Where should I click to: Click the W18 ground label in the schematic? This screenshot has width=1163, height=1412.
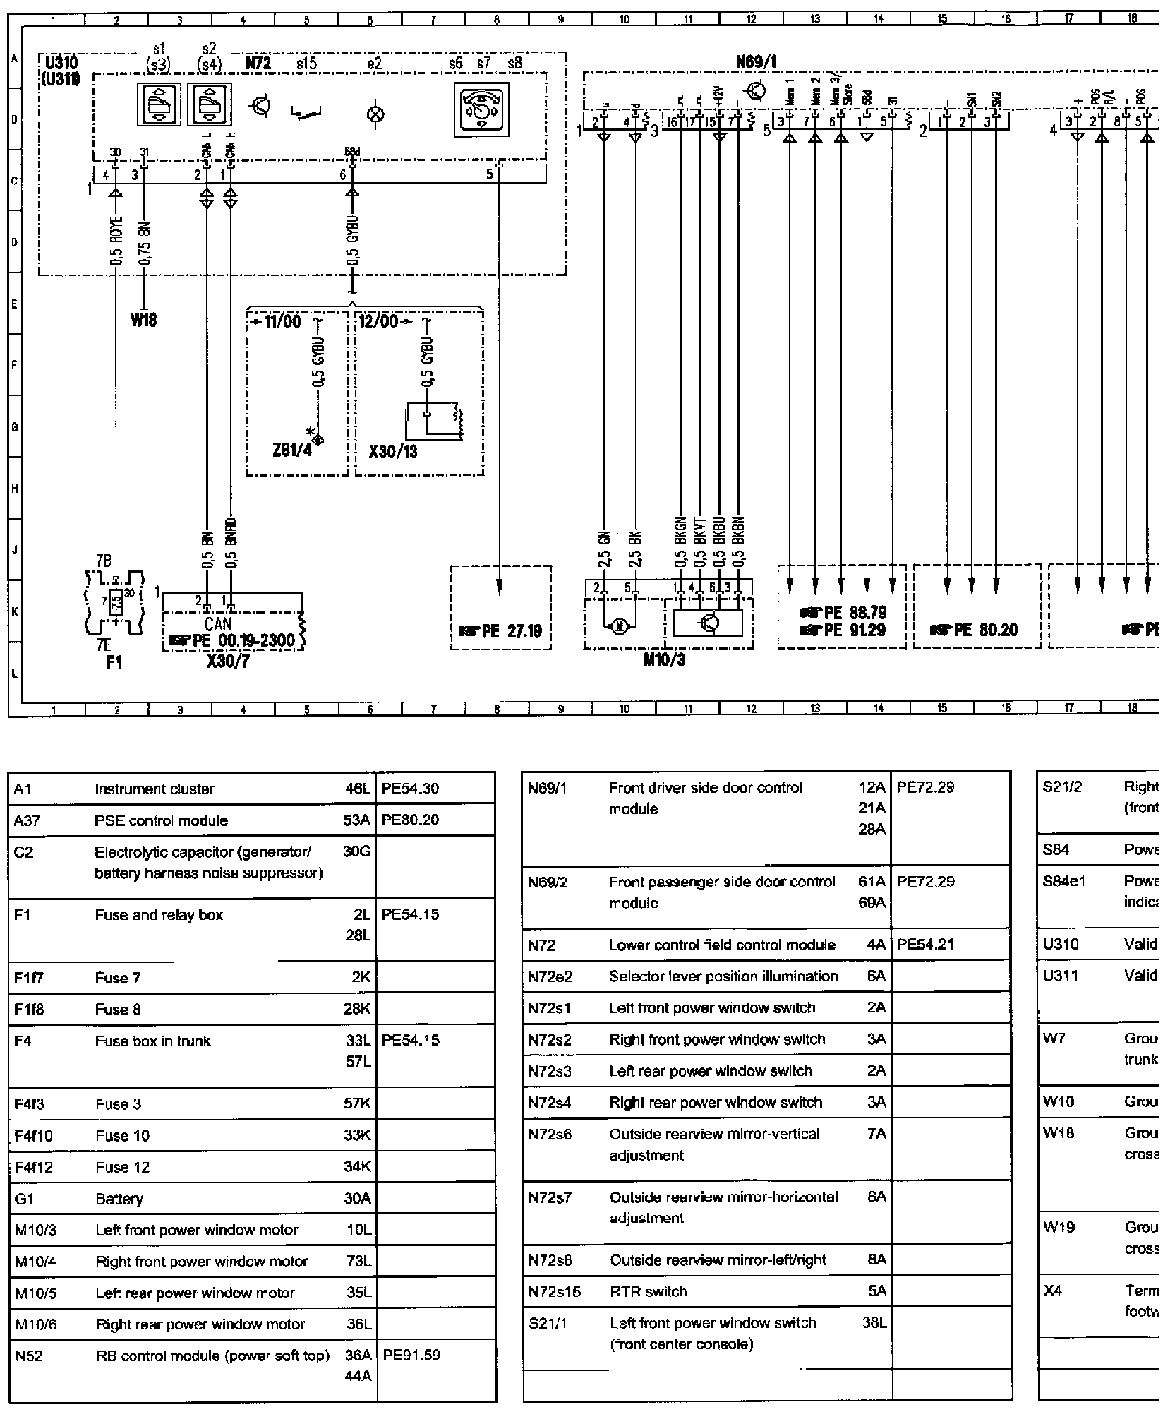(143, 321)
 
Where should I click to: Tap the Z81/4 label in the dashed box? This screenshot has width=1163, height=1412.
(291, 450)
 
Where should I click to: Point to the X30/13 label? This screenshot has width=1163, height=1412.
(393, 450)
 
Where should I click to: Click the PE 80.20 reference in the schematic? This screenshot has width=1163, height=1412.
(977, 630)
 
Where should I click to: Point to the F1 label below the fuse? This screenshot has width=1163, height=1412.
(114, 663)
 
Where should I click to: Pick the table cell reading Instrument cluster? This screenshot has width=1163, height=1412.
(155, 789)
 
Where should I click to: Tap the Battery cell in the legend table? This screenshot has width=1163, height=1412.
(119, 1199)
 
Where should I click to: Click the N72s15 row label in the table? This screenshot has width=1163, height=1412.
(554, 1291)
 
